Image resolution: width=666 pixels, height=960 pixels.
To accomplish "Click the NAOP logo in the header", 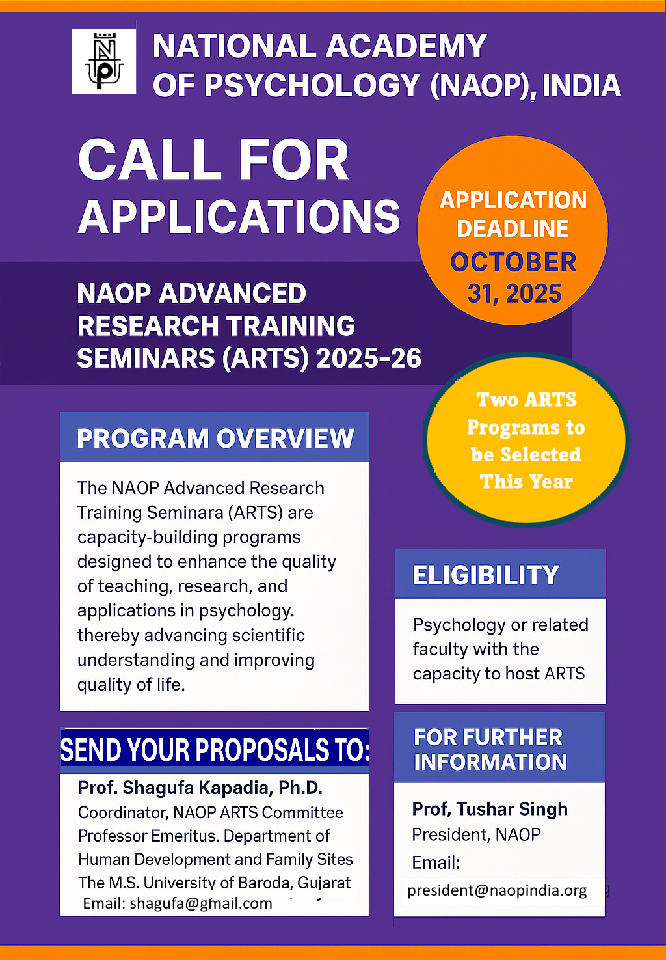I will (103, 61).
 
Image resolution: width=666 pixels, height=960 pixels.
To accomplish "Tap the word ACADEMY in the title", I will (406, 47).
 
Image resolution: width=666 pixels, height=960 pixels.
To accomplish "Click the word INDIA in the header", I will (581, 87).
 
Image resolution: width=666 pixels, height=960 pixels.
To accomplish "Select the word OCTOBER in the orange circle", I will (513, 262).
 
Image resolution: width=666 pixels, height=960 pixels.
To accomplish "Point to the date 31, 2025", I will (514, 294).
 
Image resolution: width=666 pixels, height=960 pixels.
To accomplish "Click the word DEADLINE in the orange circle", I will (513, 229).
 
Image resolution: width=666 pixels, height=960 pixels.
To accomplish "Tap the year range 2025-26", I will (369, 359).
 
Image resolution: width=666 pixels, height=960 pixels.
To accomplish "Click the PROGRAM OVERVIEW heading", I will (215, 439).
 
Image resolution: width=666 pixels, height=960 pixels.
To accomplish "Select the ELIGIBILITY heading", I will (486, 575).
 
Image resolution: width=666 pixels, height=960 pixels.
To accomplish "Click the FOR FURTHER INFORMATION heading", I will (490, 749).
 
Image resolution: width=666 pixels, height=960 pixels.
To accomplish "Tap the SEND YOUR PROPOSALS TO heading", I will (215, 750).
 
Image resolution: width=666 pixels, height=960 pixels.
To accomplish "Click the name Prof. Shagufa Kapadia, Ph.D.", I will (200, 788).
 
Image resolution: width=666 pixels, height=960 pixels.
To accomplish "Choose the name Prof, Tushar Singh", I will (490, 809).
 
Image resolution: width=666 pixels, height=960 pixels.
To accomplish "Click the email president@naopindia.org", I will (497, 890).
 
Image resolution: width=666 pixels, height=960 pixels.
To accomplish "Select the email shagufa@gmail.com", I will (201, 903).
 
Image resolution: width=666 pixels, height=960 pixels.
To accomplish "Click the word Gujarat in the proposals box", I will (324, 883).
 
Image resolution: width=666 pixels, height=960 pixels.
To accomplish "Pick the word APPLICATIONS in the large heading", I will (239, 217).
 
